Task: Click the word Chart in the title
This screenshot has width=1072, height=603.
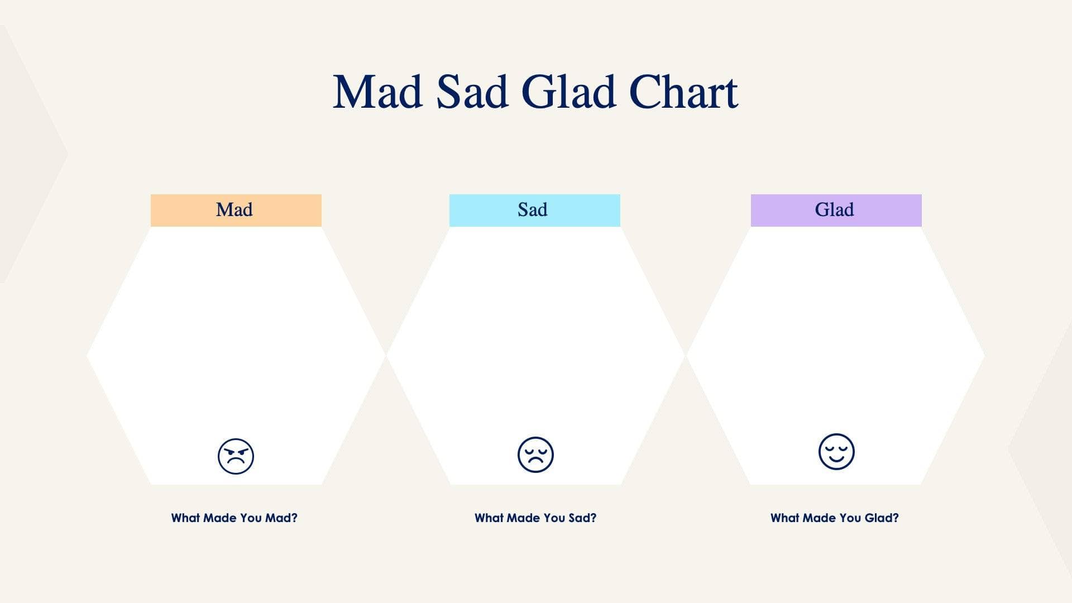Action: [683, 92]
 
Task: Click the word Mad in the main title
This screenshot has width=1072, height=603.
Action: [377, 92]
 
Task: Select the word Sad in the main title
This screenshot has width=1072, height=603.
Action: [472, 92]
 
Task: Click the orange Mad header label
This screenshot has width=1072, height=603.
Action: [236, 210]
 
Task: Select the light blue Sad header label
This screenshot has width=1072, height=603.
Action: [534, 210]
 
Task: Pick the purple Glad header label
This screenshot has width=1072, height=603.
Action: [835, 210]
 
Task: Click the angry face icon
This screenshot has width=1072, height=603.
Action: [236, 456]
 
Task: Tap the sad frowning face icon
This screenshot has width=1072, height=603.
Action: [535, 454]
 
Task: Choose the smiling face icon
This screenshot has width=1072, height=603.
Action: [836, 451]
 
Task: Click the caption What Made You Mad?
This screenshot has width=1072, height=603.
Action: [234, 518]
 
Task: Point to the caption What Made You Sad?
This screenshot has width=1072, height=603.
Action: [535, 518]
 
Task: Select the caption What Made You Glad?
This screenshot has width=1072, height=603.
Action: [834, 518]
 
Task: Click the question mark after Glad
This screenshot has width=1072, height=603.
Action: [896, 518]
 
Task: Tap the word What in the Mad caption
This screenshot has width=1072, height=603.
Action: [185, 518]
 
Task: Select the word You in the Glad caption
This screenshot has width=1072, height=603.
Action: [850, 518]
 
